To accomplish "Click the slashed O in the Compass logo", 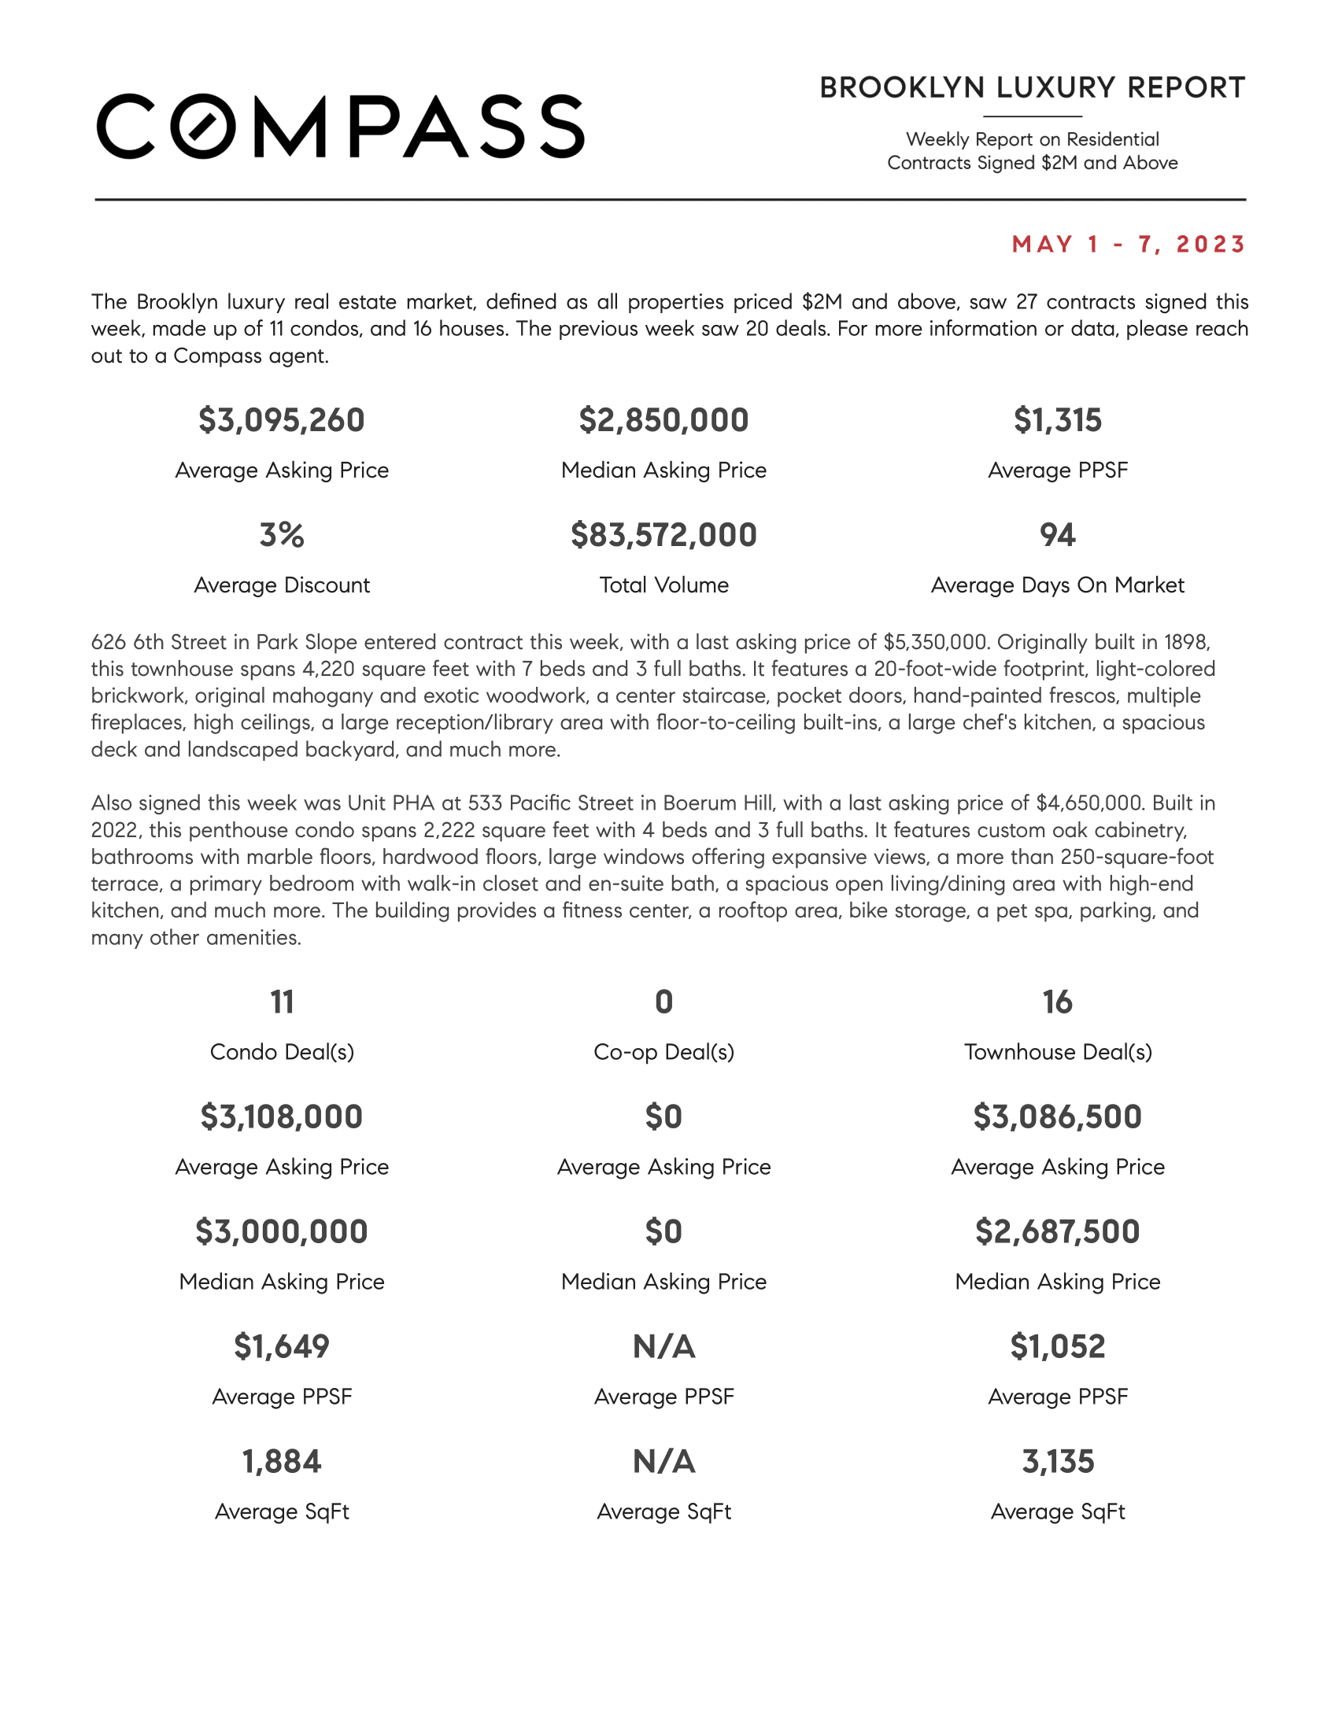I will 204,126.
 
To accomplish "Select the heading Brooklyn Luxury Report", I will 1032,88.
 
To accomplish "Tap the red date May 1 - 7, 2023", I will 1129,244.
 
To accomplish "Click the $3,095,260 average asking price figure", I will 282,420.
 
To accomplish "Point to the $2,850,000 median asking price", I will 663,420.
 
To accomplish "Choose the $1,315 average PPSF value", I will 1057,420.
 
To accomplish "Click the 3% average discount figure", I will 282,535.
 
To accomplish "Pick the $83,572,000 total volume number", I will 663,535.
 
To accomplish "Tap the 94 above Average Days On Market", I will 1057,535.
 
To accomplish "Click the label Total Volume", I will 663,585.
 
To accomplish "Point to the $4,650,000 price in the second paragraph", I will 1089,803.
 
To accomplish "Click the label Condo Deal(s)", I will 282,1052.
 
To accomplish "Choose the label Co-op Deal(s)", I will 663,1052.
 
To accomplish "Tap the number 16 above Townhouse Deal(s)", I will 1057,1002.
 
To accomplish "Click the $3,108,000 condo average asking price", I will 282,1116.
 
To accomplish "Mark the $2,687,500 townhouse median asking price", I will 1057,1231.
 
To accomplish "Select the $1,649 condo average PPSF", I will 282,1346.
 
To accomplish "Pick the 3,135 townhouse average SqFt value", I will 1057,1462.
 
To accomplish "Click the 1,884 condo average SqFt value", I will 282,1462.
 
